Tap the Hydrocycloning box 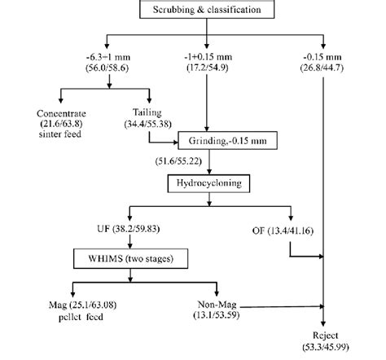(211, 185)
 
